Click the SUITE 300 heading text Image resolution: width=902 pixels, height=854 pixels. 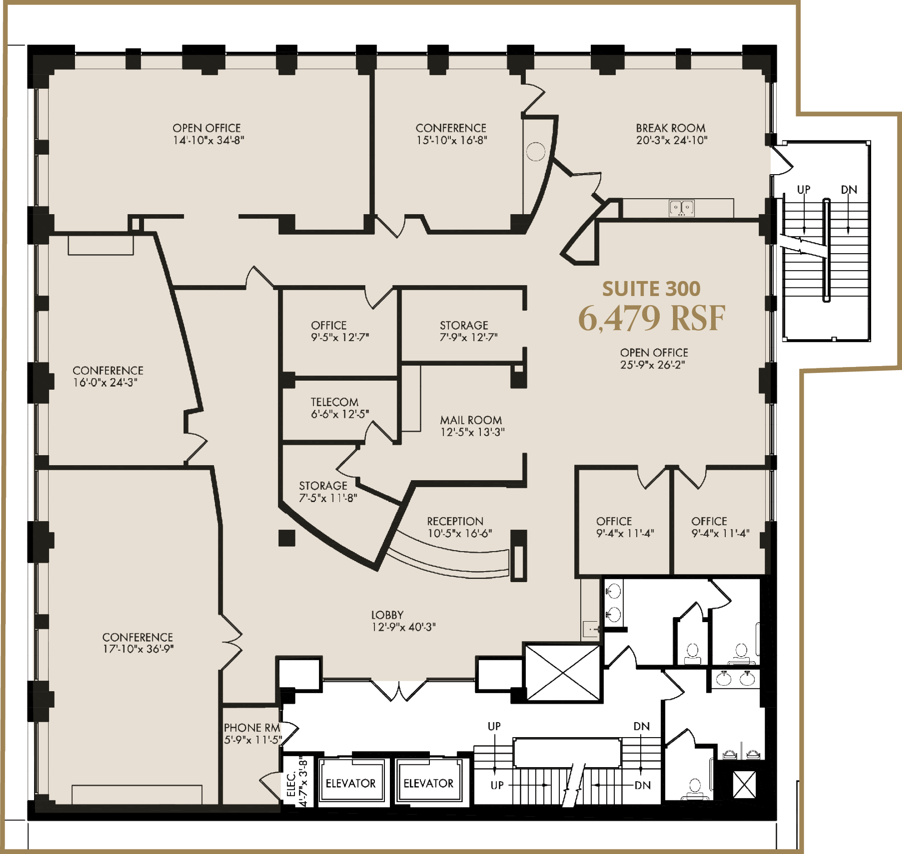651,289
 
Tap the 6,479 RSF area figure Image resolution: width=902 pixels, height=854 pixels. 651,318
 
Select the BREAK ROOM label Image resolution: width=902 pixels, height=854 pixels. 670,128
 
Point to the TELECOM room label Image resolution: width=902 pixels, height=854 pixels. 334,402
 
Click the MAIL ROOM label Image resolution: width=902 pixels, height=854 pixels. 471,420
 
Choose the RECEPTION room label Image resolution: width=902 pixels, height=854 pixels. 455,521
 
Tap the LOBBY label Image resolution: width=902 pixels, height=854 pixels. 387,615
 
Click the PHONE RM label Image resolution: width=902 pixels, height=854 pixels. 252,728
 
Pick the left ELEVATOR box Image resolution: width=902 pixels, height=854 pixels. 351,784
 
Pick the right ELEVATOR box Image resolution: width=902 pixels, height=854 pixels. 429,784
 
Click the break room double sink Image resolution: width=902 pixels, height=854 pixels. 682,208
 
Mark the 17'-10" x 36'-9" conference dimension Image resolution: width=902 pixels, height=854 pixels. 138,649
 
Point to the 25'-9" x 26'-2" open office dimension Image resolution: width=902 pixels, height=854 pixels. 653,365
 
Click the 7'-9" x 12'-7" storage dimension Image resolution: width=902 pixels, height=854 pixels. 468,337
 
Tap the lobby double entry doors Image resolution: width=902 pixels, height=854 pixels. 399,690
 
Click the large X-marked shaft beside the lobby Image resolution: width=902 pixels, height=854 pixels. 563,673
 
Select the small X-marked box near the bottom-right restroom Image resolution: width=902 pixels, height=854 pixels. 745,784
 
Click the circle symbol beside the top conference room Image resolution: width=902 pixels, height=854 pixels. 535,151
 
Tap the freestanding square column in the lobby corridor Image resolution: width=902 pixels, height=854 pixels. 287,538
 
